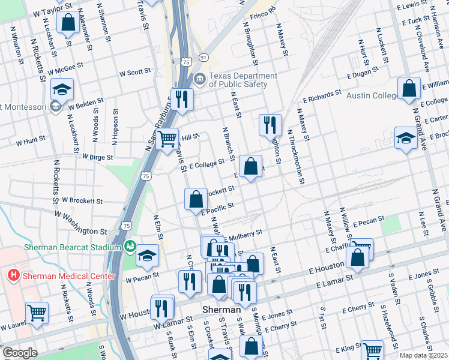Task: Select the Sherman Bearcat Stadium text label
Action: tap(72, 247)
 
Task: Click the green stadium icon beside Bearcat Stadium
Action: tap(130, 246)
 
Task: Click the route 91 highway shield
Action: tap(204, 58)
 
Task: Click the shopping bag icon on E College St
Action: tap(250, 165)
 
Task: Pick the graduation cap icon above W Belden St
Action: tap(61, 89)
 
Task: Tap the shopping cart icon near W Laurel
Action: tap(37, 313)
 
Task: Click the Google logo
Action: tap(20, 353)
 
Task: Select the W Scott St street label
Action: tap(134, 72)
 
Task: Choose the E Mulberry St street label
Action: tap(243, 233)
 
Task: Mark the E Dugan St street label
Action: tap(363, 73)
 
